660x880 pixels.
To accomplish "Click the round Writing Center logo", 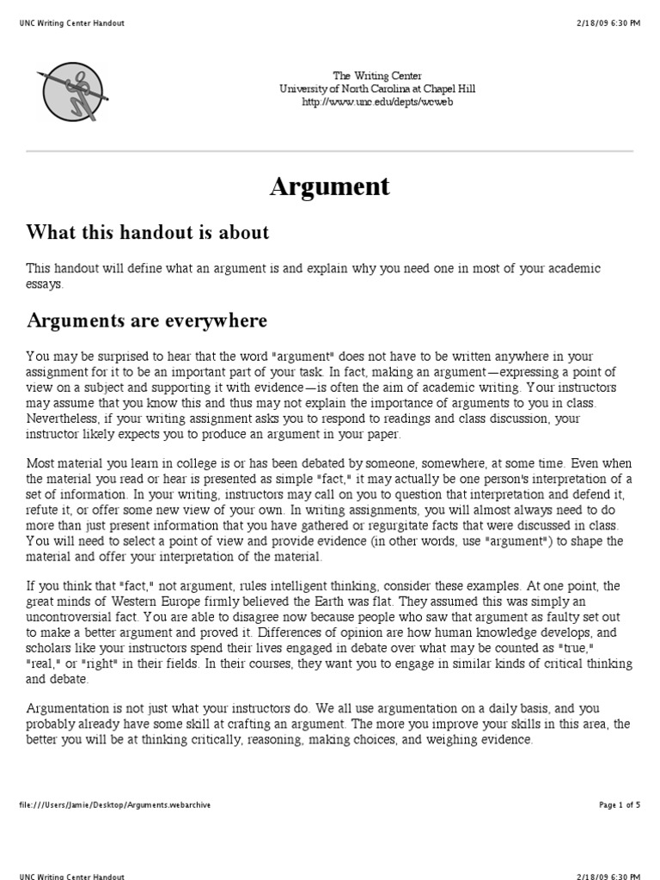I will click(72, 91).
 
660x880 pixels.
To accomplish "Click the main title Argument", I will click(330, 186).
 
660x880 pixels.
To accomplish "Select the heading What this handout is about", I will click(148, 232).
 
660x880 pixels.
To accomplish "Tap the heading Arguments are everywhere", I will click(147, 321).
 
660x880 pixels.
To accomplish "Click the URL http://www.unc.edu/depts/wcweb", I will click(377, 101).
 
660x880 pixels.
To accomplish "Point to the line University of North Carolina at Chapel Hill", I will click(377, 89).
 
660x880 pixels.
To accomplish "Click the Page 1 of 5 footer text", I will click(619, 805).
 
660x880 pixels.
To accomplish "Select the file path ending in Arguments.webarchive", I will click(114, 805).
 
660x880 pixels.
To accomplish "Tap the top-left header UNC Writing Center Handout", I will click(71, 23).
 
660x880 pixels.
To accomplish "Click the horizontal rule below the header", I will click(330, 151).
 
